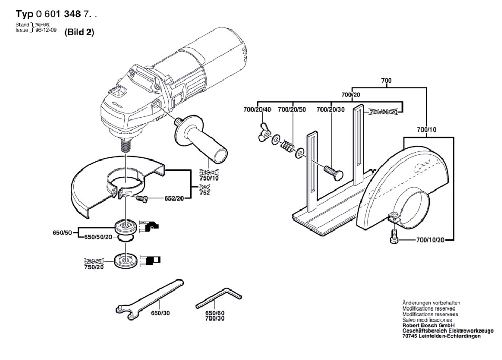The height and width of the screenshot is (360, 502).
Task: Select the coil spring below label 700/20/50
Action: click(x=286, y=146)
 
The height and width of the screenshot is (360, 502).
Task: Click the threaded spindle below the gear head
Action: click(x=125, y=143)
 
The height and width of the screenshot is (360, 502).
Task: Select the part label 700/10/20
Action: click(x=430, y=240)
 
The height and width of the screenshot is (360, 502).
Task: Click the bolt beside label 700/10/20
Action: click(x=394, y=237)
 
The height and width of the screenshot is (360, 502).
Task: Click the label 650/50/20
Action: click(x=98, y=237)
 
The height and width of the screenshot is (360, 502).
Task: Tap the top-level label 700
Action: click(x=387, y=80)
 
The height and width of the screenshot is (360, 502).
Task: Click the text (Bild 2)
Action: click(x=79, y=32)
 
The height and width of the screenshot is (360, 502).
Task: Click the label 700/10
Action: click(x=426, y=129)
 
